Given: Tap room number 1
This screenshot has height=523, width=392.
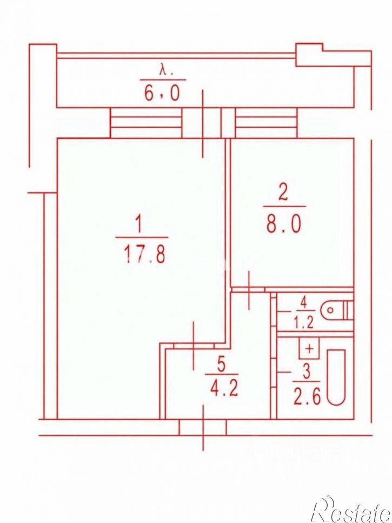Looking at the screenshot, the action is coord(139,224).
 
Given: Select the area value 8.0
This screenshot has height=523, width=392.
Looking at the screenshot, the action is coord(284,223).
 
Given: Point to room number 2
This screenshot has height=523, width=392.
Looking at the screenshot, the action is coord(283,194).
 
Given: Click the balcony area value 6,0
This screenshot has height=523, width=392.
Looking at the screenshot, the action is coord(162,92).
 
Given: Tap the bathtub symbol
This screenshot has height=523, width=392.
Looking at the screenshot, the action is coord(336,378).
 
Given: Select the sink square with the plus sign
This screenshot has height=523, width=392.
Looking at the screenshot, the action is coord(309,348).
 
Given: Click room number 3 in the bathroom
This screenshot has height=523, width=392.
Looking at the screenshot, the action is coord(307,372).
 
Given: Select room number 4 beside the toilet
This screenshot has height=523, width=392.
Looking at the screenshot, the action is coord(303,303).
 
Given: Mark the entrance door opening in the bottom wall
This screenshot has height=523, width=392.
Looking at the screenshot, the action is coord(203,427).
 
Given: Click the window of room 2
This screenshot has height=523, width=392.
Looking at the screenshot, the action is coord(266,123).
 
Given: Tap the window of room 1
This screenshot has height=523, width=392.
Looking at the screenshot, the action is coord(146,123).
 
